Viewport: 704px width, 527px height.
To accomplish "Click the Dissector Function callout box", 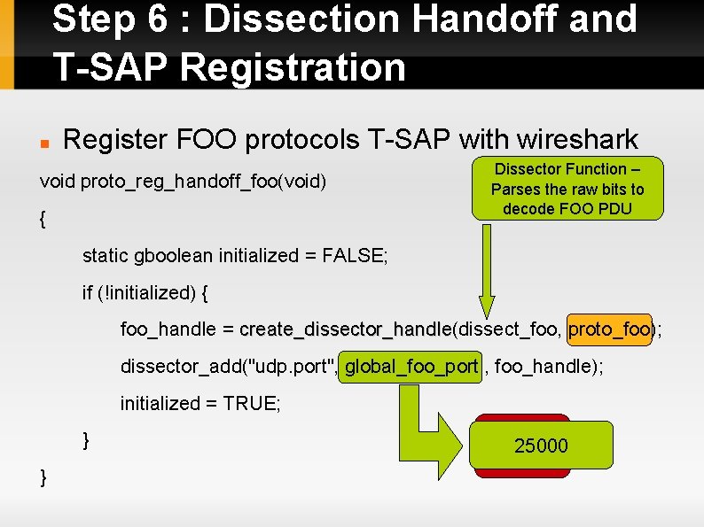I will (x=567, y=189).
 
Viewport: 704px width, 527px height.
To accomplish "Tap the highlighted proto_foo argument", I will (x=609, y=329).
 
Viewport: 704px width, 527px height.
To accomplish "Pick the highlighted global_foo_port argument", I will (x=411, y=367).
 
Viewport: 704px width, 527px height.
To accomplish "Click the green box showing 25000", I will (x=541, y=446).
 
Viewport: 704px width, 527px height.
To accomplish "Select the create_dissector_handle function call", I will (x=345, y=329).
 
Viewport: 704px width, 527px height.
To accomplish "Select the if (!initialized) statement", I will (x=145, y=292).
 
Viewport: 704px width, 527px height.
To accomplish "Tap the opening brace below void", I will (x=44, y=220).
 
